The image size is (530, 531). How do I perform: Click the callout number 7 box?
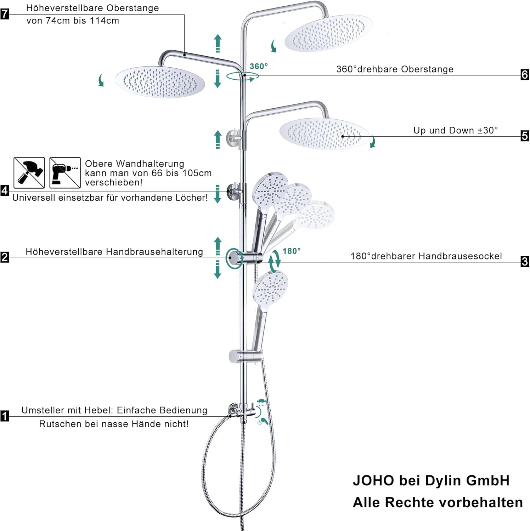pos(5,14)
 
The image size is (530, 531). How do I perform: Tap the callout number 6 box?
pos(525,75)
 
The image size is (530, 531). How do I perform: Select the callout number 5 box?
pos(525,136)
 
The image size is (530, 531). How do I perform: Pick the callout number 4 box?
pos(5,191)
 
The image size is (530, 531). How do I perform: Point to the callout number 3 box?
pos(525,262)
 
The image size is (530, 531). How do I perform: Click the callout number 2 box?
pos(5,257)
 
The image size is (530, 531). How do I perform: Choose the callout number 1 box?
pos(5,416)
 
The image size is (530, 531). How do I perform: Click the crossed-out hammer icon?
pos(29,173)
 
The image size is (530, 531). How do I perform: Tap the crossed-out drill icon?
pos(65,173)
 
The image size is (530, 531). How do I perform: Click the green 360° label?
pos(259,66)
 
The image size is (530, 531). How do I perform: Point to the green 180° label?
pos(292,251)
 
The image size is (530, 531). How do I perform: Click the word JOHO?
pos(373,480)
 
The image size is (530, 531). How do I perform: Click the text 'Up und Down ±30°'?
pos(456,130)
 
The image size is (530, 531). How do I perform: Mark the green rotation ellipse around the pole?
pos(243,76)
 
